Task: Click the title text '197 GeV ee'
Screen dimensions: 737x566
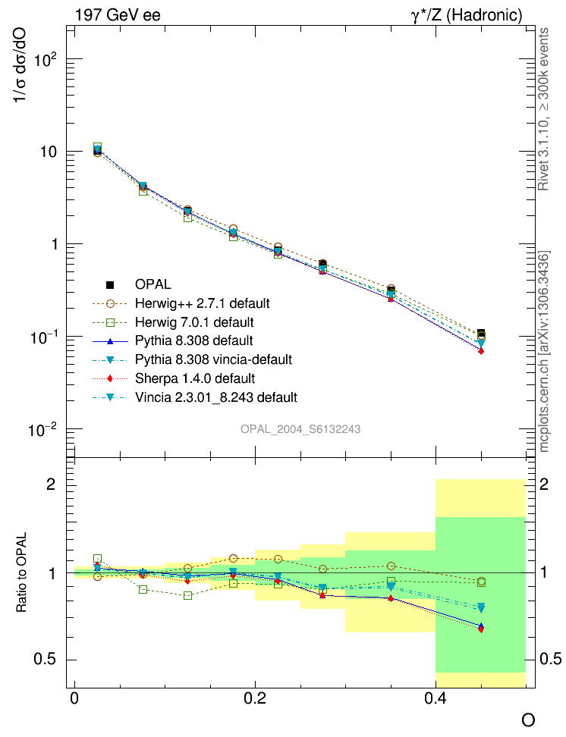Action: (118, 15)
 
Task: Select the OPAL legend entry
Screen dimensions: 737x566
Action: (153, 285)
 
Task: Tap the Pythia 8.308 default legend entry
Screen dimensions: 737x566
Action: (193, 340)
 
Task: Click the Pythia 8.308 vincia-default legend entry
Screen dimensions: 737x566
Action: (213, 359)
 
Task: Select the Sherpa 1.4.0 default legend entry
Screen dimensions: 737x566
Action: (194, 378)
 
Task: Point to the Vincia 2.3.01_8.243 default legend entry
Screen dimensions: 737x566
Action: (215, 397)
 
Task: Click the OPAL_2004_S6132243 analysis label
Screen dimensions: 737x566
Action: (300, 429)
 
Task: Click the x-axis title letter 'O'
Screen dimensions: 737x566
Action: (528, 720)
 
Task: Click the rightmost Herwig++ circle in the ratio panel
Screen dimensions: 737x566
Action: (481, 582)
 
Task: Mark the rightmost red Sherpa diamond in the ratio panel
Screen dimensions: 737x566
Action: (481, 629)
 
